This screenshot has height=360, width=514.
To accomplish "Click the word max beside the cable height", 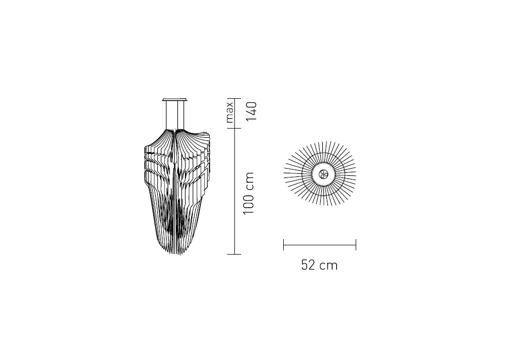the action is pyautogui.click(x=230, y=112).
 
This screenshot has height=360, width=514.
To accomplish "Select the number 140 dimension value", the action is pyautogui.click(x=251, y=112).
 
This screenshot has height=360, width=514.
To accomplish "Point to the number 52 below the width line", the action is pyautogui.click(x=308, y=265).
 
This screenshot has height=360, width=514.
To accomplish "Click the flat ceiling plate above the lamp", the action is pyautogui.click(x=175, y=99).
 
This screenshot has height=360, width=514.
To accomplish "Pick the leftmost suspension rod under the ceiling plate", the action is pyautogui.click(x=166, y=115).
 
